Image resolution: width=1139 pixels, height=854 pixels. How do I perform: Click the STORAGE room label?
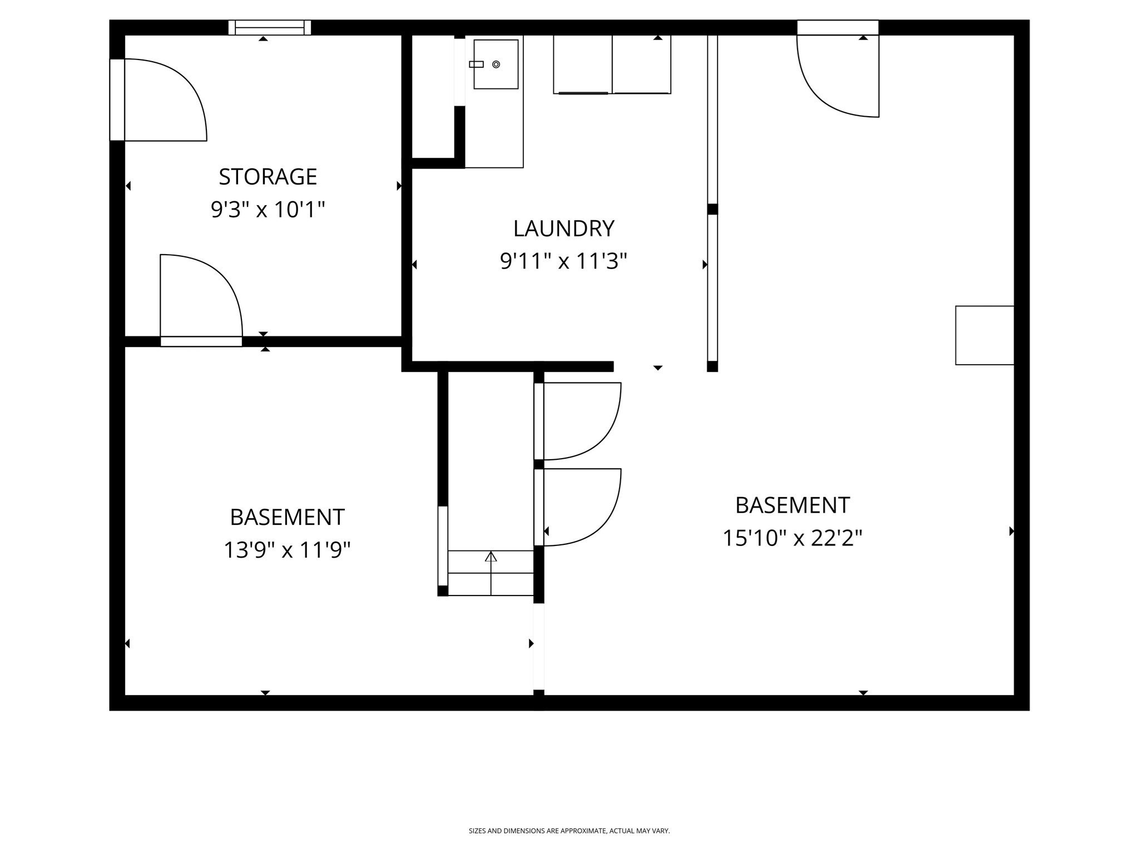click(268, 177)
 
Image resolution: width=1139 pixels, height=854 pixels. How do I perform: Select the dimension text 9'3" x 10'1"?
click(268, 210)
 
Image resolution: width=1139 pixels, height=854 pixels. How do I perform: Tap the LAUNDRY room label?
click(563, 229)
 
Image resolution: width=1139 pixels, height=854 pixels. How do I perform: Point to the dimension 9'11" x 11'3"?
click(563, 261)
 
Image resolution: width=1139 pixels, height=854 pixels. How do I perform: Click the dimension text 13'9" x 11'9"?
click(287, 550)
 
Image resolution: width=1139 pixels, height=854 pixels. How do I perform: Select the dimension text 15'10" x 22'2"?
click(792, 538)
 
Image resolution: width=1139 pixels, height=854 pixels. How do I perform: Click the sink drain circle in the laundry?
click(496, 64)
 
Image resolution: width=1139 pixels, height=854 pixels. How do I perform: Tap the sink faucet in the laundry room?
click(476, 64)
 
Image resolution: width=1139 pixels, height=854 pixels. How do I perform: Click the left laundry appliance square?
click(582, 64)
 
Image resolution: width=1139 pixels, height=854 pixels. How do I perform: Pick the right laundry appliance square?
click(641, 64)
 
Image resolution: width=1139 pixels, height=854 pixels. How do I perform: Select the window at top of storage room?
click(269, 27)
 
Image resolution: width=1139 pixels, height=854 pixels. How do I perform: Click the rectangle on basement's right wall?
click(984, 335)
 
